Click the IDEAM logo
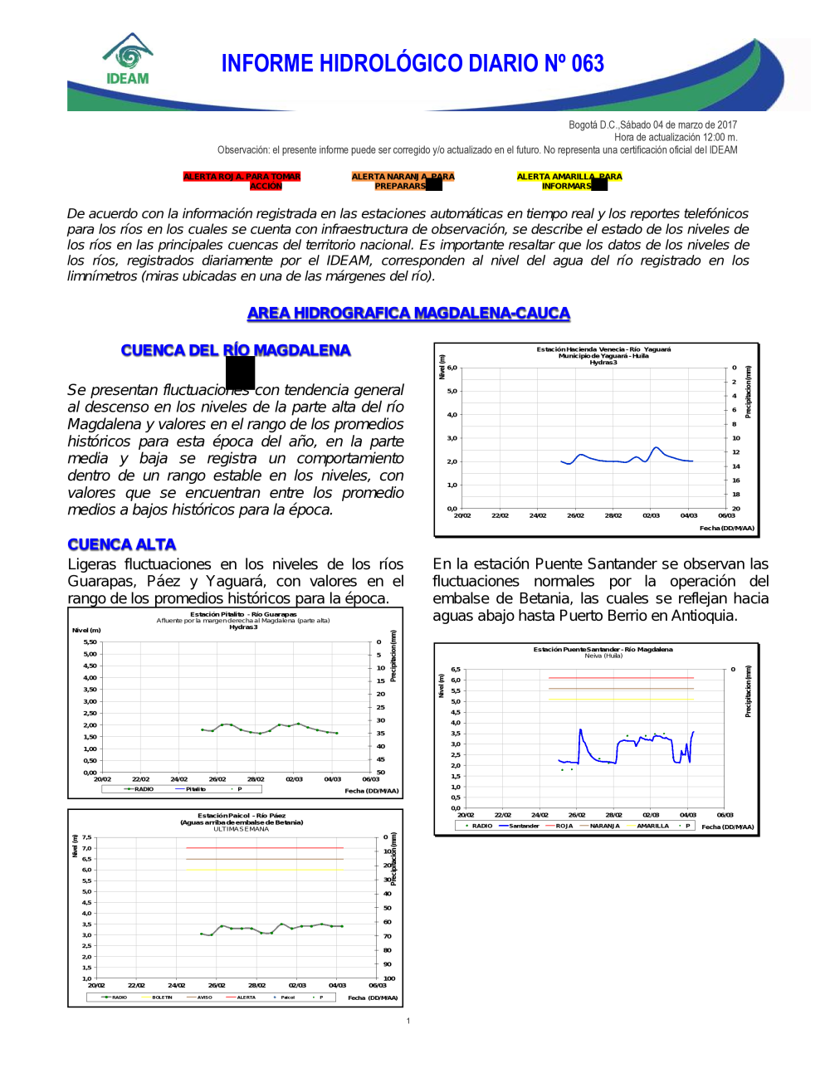[128, 60]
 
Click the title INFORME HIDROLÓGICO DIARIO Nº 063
[413, 64]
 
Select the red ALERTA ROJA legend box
[242, 181]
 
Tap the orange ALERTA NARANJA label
[403, 181]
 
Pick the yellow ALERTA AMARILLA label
[569, 181]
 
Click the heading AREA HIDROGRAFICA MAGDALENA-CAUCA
[408, 313]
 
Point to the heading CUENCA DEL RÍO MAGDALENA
[236, 350]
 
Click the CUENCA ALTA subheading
[122, 544]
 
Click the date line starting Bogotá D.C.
[652, 125]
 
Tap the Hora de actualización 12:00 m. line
[676, 138]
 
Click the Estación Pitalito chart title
[243, 615]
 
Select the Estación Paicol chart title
[242, 816]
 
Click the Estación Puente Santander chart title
[603, 650]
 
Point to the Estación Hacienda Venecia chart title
[603, 349]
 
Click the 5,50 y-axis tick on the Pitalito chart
[90, 642]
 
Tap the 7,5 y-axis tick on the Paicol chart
[86, 838]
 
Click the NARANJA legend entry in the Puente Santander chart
[604, 827]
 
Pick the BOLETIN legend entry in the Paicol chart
[162, 997]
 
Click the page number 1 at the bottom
[408, 1021]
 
